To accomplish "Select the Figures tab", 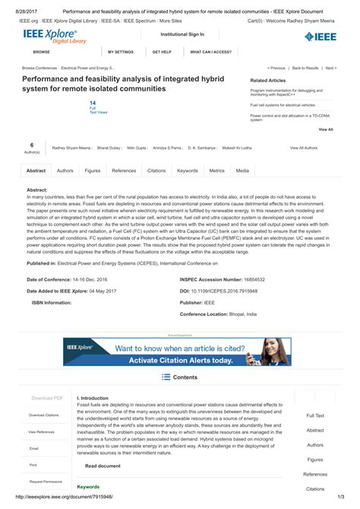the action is click(x=92, y=171).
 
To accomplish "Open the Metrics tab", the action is click(x=216, y=171).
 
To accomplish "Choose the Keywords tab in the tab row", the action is click(x=188, y=171).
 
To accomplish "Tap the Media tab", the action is click(x=242, y=171).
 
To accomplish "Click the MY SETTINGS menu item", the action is click(x=121, y=52).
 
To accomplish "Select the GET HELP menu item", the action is click(x=162, y=52).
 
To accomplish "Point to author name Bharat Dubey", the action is click(x=108, y=147).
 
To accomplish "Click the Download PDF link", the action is click(x=47, y=397).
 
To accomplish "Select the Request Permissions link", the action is click(x=46, y=481).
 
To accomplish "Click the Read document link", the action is click(x=103, y=465).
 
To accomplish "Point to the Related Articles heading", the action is click(x=268, y=80).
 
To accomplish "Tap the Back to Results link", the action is click(x=305, y=67).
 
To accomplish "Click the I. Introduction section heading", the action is click(x=93, y=397).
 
